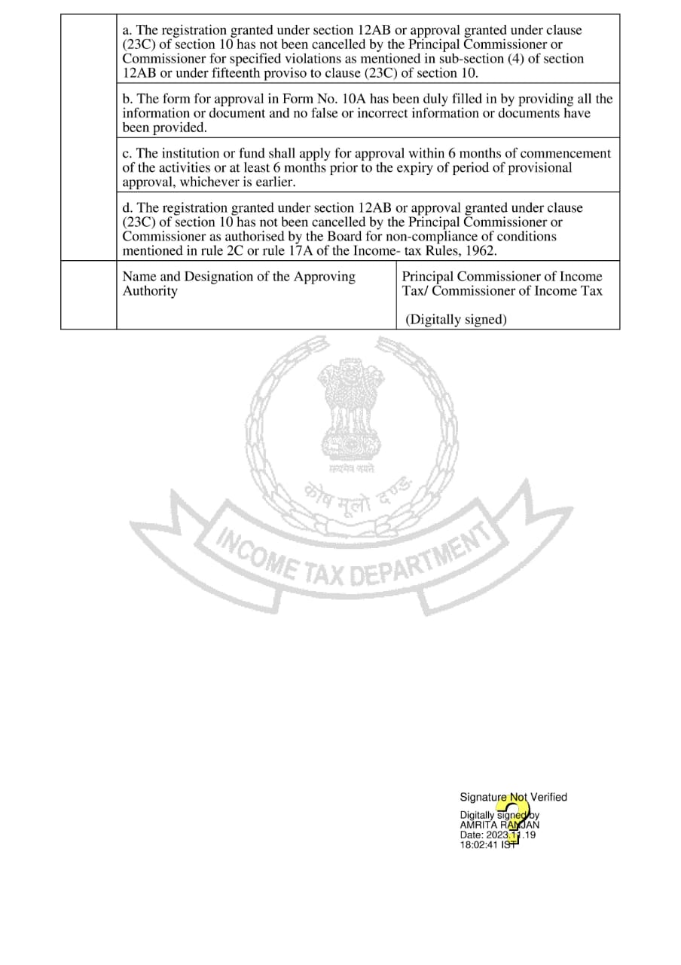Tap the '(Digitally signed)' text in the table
[456, 320]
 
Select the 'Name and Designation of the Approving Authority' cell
[239, 283]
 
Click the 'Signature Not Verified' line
[513, 797]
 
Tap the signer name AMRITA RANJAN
[499, 825]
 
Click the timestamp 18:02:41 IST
[490, 845]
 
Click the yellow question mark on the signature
[515, 819]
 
